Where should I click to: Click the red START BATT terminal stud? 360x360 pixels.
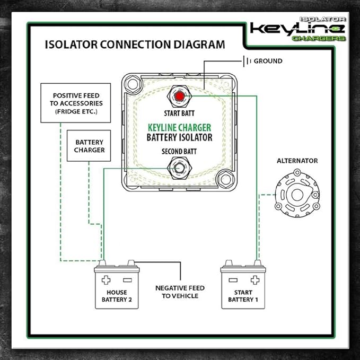[180, 96]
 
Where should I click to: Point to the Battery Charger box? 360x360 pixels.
[90, 146]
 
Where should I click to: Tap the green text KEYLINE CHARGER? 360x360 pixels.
[180, 127]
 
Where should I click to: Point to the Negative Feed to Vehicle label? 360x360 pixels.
[180, 292]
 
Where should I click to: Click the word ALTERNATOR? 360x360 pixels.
[297, 160]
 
